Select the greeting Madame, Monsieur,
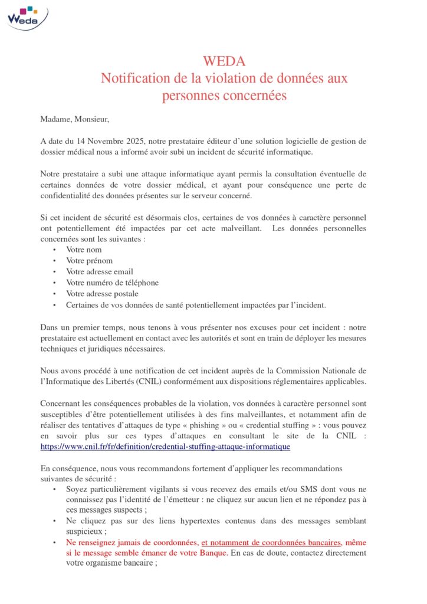point(75,119)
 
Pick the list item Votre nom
point(84,250)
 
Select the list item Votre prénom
point(89,261)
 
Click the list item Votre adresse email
point(99,272)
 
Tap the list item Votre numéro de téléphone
point(112,283)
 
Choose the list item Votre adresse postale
point(102,294)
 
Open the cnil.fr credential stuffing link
point(165,447)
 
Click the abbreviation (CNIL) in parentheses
point(162,381)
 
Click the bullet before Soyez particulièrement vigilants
point(54,490)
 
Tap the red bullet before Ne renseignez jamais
point(54,542)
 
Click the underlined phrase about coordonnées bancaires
point(271,542)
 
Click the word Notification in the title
point(137,78)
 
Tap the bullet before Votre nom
point(54,250)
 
